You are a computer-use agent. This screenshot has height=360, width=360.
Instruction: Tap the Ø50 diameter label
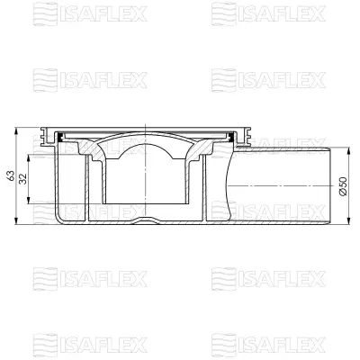(343, 186)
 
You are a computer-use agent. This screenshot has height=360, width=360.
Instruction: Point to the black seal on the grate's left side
(60, 137)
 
